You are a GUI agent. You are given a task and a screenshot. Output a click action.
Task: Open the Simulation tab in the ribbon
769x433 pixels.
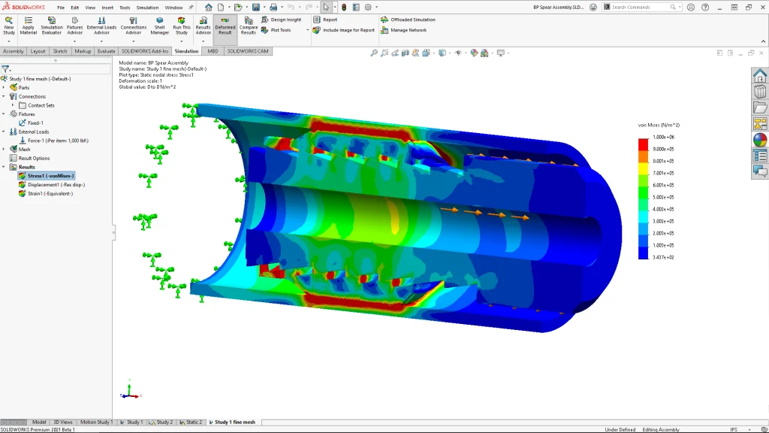186,51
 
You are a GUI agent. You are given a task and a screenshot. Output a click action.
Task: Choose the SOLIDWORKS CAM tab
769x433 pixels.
248,51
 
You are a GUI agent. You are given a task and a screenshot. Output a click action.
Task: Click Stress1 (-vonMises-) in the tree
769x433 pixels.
50,175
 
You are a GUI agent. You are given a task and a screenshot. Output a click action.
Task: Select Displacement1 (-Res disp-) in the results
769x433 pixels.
56,184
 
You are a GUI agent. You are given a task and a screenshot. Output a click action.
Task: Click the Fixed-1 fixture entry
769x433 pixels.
35,123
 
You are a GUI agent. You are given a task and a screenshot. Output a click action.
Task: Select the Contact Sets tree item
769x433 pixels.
41,105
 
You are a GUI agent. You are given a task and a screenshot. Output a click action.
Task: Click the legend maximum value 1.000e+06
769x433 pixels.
665,138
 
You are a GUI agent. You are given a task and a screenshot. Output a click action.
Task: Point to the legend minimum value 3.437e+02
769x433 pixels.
665,257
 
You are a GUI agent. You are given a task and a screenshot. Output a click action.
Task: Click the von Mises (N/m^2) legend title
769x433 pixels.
659,124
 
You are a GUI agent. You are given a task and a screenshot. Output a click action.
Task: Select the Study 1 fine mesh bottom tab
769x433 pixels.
234,422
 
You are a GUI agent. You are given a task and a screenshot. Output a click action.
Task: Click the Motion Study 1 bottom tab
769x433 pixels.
96,422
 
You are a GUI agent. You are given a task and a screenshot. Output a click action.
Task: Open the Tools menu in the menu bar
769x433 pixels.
125,8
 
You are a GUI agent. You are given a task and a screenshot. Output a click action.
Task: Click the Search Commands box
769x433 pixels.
642,7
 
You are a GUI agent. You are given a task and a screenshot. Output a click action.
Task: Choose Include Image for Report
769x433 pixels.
348,30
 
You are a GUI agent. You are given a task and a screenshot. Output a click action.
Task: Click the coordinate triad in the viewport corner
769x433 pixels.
128,392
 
